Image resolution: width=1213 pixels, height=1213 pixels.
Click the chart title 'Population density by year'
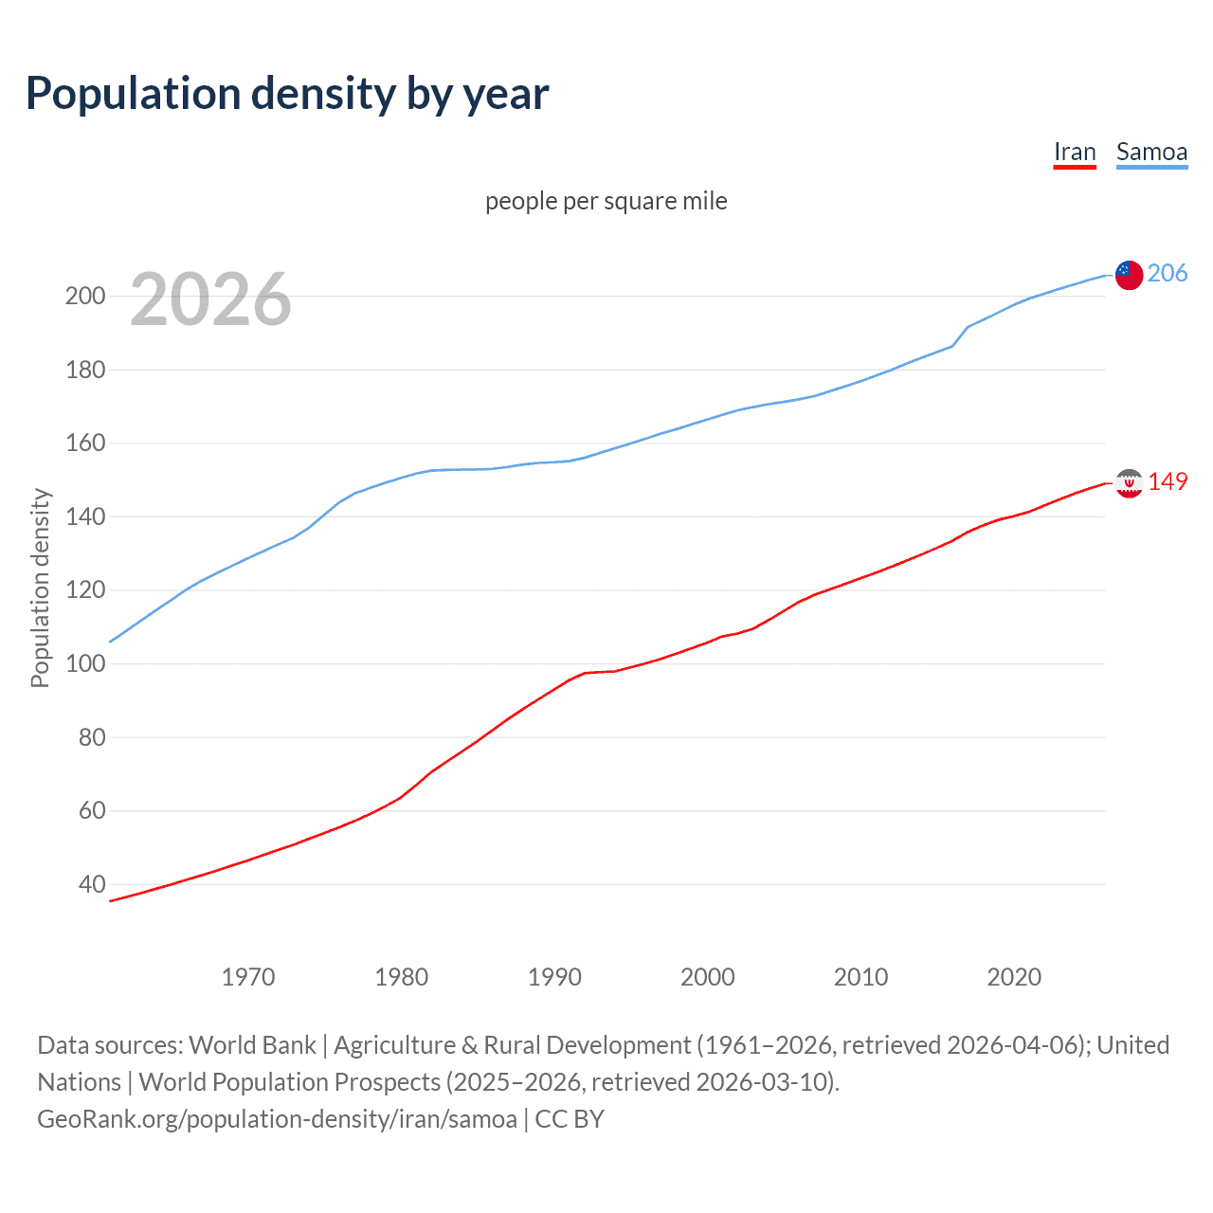coord(287,93)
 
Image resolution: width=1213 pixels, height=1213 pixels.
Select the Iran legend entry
coord(1075,152)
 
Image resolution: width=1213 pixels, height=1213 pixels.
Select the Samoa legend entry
coord(1151,152)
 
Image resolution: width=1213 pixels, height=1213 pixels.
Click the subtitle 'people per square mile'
coord(606,201)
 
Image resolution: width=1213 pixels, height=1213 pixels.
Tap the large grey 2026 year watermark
coord(210,299)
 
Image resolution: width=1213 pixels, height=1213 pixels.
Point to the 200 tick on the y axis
coord(85,296)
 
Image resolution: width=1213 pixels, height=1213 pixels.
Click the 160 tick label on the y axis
coord(85,443)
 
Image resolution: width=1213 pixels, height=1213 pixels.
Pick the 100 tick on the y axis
coord(85,663)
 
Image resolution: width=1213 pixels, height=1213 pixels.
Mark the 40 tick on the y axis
coord(92,884)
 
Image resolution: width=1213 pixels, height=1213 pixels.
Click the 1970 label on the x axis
coord(248,977)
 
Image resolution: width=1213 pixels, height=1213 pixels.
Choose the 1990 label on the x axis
coord(554,977)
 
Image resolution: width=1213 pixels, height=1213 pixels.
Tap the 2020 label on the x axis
coord(1014,977)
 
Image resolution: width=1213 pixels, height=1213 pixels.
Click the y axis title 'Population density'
coord(40,588)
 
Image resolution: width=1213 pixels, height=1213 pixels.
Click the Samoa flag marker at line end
coord(1129,275)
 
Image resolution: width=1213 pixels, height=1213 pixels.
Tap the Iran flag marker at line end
coord(1129,483)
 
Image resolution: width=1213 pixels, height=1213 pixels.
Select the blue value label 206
coord(1168,273)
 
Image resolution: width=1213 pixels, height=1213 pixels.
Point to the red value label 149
coord(1168,481)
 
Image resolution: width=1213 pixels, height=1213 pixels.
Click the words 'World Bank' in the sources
coord(252,1044)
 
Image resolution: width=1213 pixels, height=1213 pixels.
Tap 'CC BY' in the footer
coord(570,1118)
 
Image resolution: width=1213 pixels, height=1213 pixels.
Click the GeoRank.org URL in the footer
coord(277,1118)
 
